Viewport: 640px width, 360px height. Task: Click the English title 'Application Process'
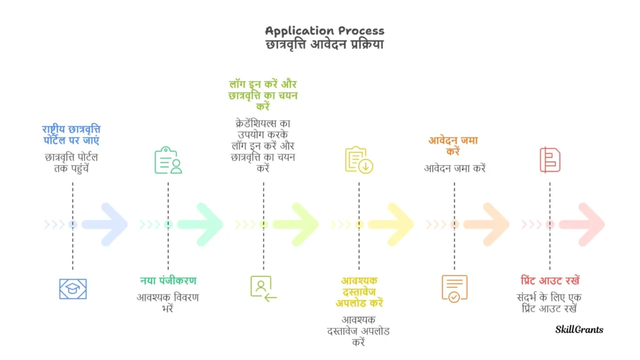click(324, 31)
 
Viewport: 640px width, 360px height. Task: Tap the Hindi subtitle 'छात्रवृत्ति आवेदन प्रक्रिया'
click(324, 44)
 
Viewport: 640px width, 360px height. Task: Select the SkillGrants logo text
click(579, 329)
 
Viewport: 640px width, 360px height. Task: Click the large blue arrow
click(105, 224)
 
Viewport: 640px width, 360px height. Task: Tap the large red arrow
click(582, 224)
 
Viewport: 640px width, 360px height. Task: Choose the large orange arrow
click(487, 224)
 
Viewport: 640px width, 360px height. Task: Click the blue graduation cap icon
click(72, 288)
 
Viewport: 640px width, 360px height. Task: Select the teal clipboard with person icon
click(168, 160)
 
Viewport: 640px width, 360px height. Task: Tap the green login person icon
click(263, 288)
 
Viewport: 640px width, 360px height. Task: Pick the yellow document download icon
click(359, 160)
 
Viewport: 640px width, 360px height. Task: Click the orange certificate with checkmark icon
click(454, 288)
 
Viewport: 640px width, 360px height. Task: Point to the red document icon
click(549, 160)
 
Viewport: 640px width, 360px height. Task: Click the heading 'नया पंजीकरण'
click(168, 281)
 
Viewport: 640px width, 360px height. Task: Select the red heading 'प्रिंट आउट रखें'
click(550, 281)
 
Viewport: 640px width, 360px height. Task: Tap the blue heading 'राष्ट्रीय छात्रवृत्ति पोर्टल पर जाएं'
click(72, 136)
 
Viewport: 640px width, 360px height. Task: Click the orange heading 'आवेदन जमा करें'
click(454, 146)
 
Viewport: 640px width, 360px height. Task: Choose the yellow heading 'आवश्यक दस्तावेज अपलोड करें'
click(359, 292)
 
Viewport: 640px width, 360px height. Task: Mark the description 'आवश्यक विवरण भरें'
click(168, 302)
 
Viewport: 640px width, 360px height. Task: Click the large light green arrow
click(296, 224)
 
